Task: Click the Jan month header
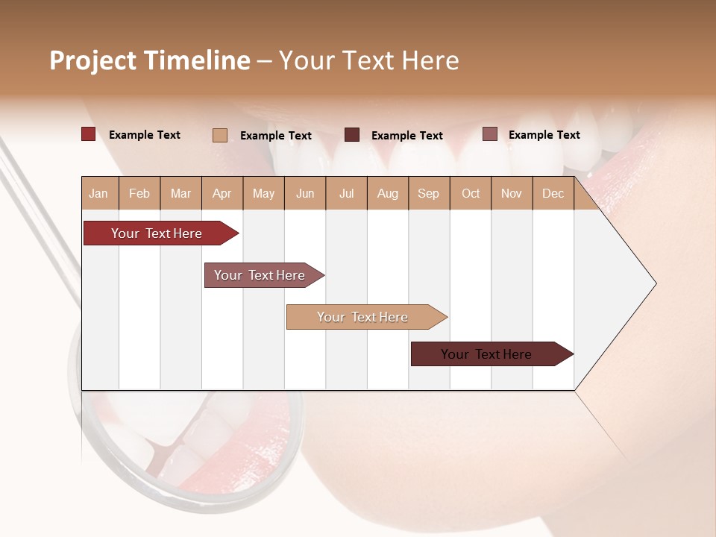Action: pyautogui.click(x=99, y=193)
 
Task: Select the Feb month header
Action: pyautogui.click(x=139, y=193)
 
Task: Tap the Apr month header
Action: pyautogui.click(x=222, y=193)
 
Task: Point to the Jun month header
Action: pyautogui.click(x=305, y=193)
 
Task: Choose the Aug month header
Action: pyautogui.click(x=388, y=193)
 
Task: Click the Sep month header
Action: pyautogui.click(x=429, y=193)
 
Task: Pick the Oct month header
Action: pyautogui.click(x=471, y=193)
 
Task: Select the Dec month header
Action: pyautogui.click(x=553, y=193)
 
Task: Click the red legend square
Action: pyautogui.click(x=89, y=134)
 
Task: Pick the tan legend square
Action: pyautogui.click(x=220, y=135)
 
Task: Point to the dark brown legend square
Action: pyautogui.click(x=352, y=135)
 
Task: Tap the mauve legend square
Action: pyautogui.click(x=490, y=134)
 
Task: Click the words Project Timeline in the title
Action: pyautogui.click(x=149, y=60)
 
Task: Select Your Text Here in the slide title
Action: pyautogui.click(x=369, y=60)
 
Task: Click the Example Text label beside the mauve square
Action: pyautogui.click(x=544, y=134)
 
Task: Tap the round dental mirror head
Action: pyautogui.click(x=186, y=440)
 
